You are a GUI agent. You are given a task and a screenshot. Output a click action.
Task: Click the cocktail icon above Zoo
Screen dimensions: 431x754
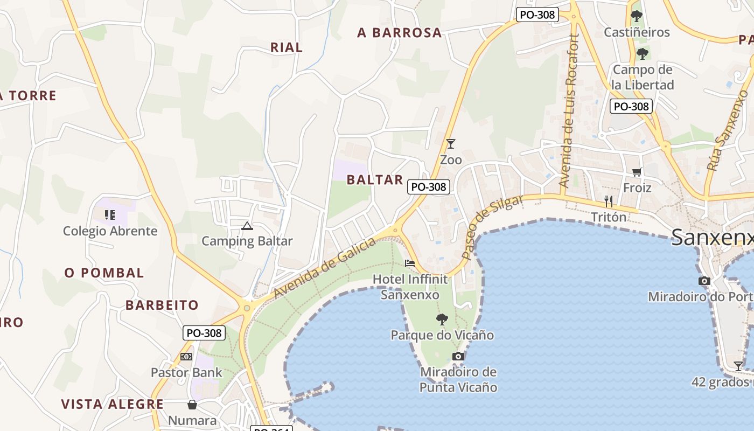tap(451, 144)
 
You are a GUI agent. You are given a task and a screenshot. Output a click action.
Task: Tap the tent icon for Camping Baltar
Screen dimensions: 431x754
tap(247, 226)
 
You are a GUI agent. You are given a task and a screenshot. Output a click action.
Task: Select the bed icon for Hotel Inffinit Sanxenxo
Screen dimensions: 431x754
tap(410, 263)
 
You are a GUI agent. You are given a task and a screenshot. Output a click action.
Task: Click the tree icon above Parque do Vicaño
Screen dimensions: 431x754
tap(442, 319)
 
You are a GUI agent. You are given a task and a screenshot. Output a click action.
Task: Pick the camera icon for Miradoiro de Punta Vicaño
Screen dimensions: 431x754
tap(458, 356)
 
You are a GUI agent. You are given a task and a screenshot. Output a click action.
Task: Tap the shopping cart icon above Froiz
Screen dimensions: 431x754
tap(637, 172)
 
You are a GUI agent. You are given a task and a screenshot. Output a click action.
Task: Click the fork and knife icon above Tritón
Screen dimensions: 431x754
tap(609, 201)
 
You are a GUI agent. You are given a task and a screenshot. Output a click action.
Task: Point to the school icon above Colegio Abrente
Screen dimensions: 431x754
tap(110, 215)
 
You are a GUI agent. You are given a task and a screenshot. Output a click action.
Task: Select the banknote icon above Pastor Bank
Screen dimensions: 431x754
tap(186, 357)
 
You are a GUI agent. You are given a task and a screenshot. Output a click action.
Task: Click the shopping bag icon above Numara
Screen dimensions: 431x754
tap(192, 405)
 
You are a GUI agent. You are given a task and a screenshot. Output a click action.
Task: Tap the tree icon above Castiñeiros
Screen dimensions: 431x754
tap(637, 16)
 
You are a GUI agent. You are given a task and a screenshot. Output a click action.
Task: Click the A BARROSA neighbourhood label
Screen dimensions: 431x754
tap(400, 33)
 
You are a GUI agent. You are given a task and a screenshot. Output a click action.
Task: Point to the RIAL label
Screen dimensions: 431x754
tap(287, 47)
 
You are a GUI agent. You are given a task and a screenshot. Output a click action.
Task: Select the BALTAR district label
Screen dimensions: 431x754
tap(375, 180)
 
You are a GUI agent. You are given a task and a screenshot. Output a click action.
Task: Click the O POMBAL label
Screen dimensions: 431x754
tap(104, 273)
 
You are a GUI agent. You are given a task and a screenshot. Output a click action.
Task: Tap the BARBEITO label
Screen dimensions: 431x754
tap(162, 305)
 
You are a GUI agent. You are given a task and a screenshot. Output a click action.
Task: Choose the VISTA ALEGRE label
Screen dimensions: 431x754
tap(112, 405)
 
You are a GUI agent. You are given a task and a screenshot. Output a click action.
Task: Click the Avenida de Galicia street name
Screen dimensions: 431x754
tap(325, 268)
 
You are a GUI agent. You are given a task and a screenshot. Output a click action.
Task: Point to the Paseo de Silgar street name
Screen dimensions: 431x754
tap(492, 227)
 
